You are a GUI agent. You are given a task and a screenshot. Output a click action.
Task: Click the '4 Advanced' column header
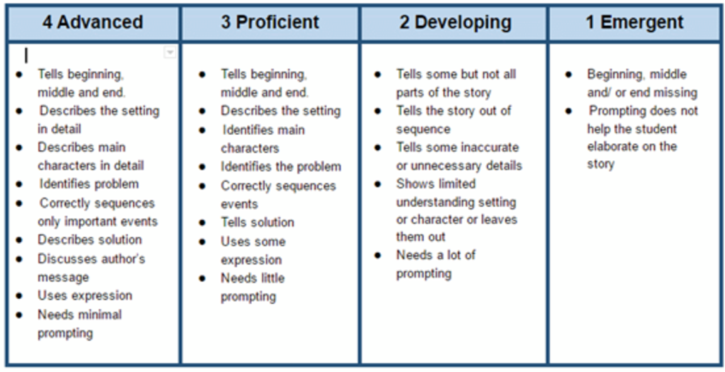click(93, 22)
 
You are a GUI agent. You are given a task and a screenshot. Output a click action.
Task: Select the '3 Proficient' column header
click(270, 22)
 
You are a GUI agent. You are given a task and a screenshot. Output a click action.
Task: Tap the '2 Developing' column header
click(455, 23)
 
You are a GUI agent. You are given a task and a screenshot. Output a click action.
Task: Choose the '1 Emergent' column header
click(634, 22)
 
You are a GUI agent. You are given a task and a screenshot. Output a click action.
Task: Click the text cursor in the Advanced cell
click(26, 55)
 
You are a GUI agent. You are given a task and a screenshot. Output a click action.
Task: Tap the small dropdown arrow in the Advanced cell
click(170, 52)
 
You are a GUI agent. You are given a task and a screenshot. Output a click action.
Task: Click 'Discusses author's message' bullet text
click(91, 268)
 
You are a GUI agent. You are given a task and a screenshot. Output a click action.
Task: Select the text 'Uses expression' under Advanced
click(85, 296)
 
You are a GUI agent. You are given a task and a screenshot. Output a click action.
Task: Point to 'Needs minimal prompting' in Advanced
click(79, 324)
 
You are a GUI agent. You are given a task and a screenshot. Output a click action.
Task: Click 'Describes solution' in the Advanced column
click(90, 240)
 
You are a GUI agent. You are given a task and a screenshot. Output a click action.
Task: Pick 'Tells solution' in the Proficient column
click(257, 222)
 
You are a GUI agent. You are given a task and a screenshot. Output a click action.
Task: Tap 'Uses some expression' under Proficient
click(253, 250)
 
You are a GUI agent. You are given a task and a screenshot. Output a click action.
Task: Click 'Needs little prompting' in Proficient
click(253, 287)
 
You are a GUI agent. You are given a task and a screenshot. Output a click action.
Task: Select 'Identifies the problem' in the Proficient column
click(280, 166)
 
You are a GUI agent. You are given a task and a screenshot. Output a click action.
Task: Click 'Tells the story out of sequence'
click(454, 120)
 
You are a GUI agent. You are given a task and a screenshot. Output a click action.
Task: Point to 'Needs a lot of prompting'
click(435, 264)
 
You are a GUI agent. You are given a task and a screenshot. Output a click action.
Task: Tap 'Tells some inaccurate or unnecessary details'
click(459, 156)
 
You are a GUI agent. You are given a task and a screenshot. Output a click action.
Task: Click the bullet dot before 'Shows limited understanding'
click(378, 184)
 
